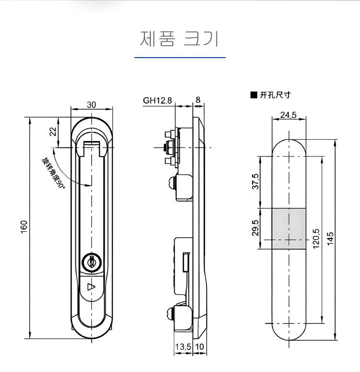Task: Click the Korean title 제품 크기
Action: coord(180,38)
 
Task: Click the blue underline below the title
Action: coord(180,58)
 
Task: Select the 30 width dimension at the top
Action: coord(91,105)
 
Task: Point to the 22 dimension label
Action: coord(53,131)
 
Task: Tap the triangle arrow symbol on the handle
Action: coord(91,287)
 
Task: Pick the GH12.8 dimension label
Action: coord(157,101)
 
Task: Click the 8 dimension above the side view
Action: coord(198,101)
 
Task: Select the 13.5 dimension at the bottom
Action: coord(183,347)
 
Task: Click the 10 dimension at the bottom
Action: coord(200,347)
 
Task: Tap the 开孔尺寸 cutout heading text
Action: coord(275,95)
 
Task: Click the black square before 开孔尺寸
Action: coord(253,95)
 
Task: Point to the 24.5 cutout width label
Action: coord(288,115)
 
